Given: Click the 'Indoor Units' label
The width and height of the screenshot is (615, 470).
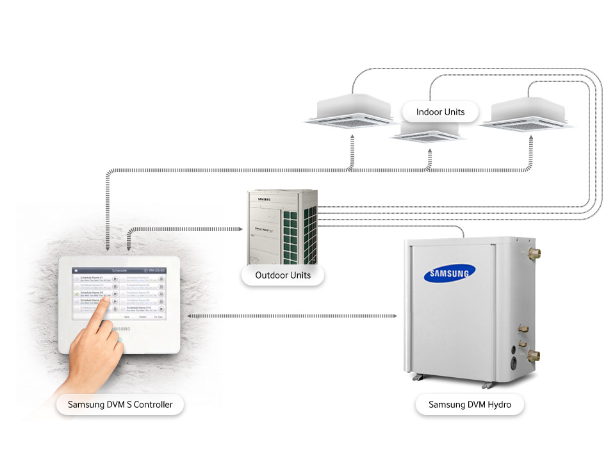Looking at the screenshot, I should point(440,112).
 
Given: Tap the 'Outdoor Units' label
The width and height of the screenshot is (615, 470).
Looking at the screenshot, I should point(283,275).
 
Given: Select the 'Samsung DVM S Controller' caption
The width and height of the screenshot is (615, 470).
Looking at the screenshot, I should point(120,405).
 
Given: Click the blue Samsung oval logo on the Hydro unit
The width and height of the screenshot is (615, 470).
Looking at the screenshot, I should point(449,274).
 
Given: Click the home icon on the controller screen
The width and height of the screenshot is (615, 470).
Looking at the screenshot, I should point(76,271).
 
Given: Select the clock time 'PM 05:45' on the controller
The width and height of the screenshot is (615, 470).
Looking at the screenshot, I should point(154,271).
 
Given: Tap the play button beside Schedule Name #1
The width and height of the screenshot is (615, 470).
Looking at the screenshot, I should point(115,279).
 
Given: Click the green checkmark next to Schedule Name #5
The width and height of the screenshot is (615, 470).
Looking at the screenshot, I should point(76,294).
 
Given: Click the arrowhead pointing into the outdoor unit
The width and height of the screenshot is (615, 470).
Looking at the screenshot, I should point(243,228).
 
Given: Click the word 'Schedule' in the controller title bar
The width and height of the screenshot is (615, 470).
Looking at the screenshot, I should point(120,271).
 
